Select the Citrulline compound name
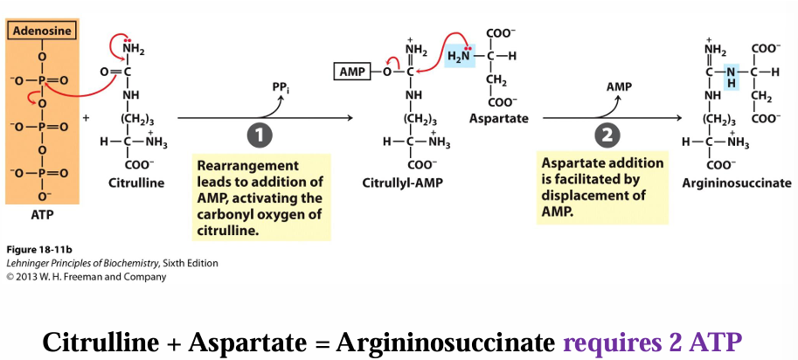136,183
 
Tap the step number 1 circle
260,135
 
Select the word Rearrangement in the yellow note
236,165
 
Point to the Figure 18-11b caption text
37,250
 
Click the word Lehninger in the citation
28,263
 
